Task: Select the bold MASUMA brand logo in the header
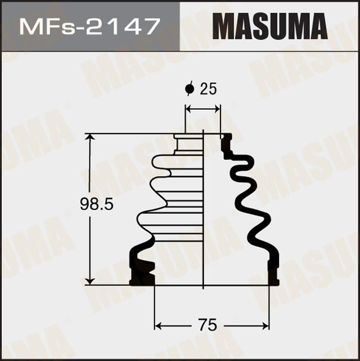coord(270,26)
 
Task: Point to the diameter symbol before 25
coord(190,88)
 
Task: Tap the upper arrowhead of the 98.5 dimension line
coord(89,139)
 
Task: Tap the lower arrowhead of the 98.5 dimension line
coord(89,280)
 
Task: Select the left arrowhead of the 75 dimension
coord(158,326)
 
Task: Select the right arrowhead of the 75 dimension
coord(265,326)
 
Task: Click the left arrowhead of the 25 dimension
coord(188,108)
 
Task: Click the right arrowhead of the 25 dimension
coord(217,108)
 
